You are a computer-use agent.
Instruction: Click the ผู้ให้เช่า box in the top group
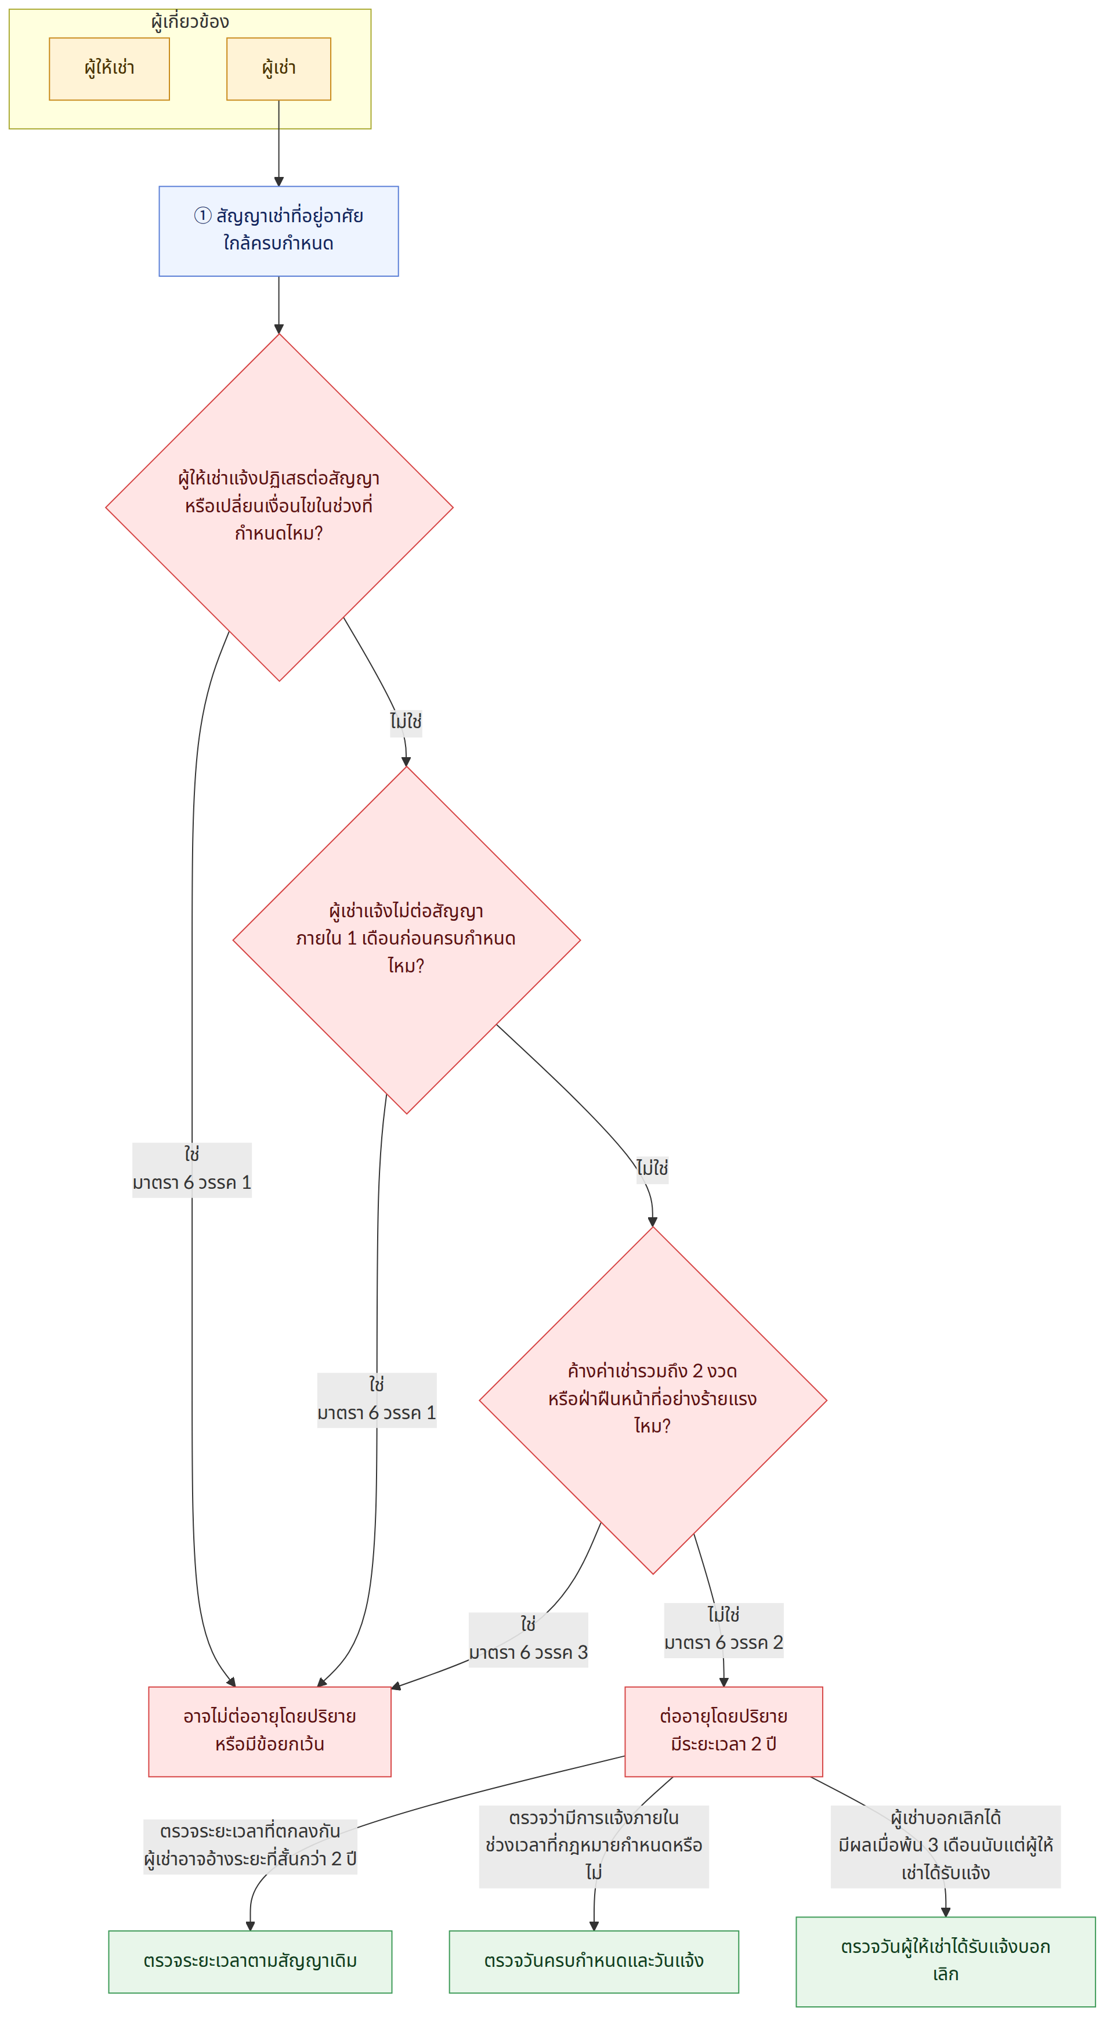(109, 68)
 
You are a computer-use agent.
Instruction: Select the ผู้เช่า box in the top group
(278, 68)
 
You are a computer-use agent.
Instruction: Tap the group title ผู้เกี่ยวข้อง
(190, 21)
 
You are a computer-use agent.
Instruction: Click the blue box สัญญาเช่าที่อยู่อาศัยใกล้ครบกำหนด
(278, 231)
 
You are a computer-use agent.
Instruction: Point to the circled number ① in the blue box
(202, 215)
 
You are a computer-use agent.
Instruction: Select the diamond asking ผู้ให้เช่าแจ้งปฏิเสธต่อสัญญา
(279, 508)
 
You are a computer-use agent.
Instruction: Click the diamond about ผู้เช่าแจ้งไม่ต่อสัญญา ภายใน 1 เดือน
(406, 940)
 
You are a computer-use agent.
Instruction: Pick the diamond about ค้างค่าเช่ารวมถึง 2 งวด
(653, 1400)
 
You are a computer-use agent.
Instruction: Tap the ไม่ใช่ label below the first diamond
(406, 721)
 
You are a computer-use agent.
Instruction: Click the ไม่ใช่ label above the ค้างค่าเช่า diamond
(653, 1167)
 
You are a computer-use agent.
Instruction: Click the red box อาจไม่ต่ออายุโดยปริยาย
(270, 1731)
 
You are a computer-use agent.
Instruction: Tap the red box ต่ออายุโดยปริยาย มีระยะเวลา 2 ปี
(724, 1731)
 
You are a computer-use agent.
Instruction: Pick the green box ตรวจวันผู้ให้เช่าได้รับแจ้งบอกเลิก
(945, 1961)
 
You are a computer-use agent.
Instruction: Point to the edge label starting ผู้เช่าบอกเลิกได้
(945, 1847)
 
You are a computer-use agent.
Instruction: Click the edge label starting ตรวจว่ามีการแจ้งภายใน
(594, 1847)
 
